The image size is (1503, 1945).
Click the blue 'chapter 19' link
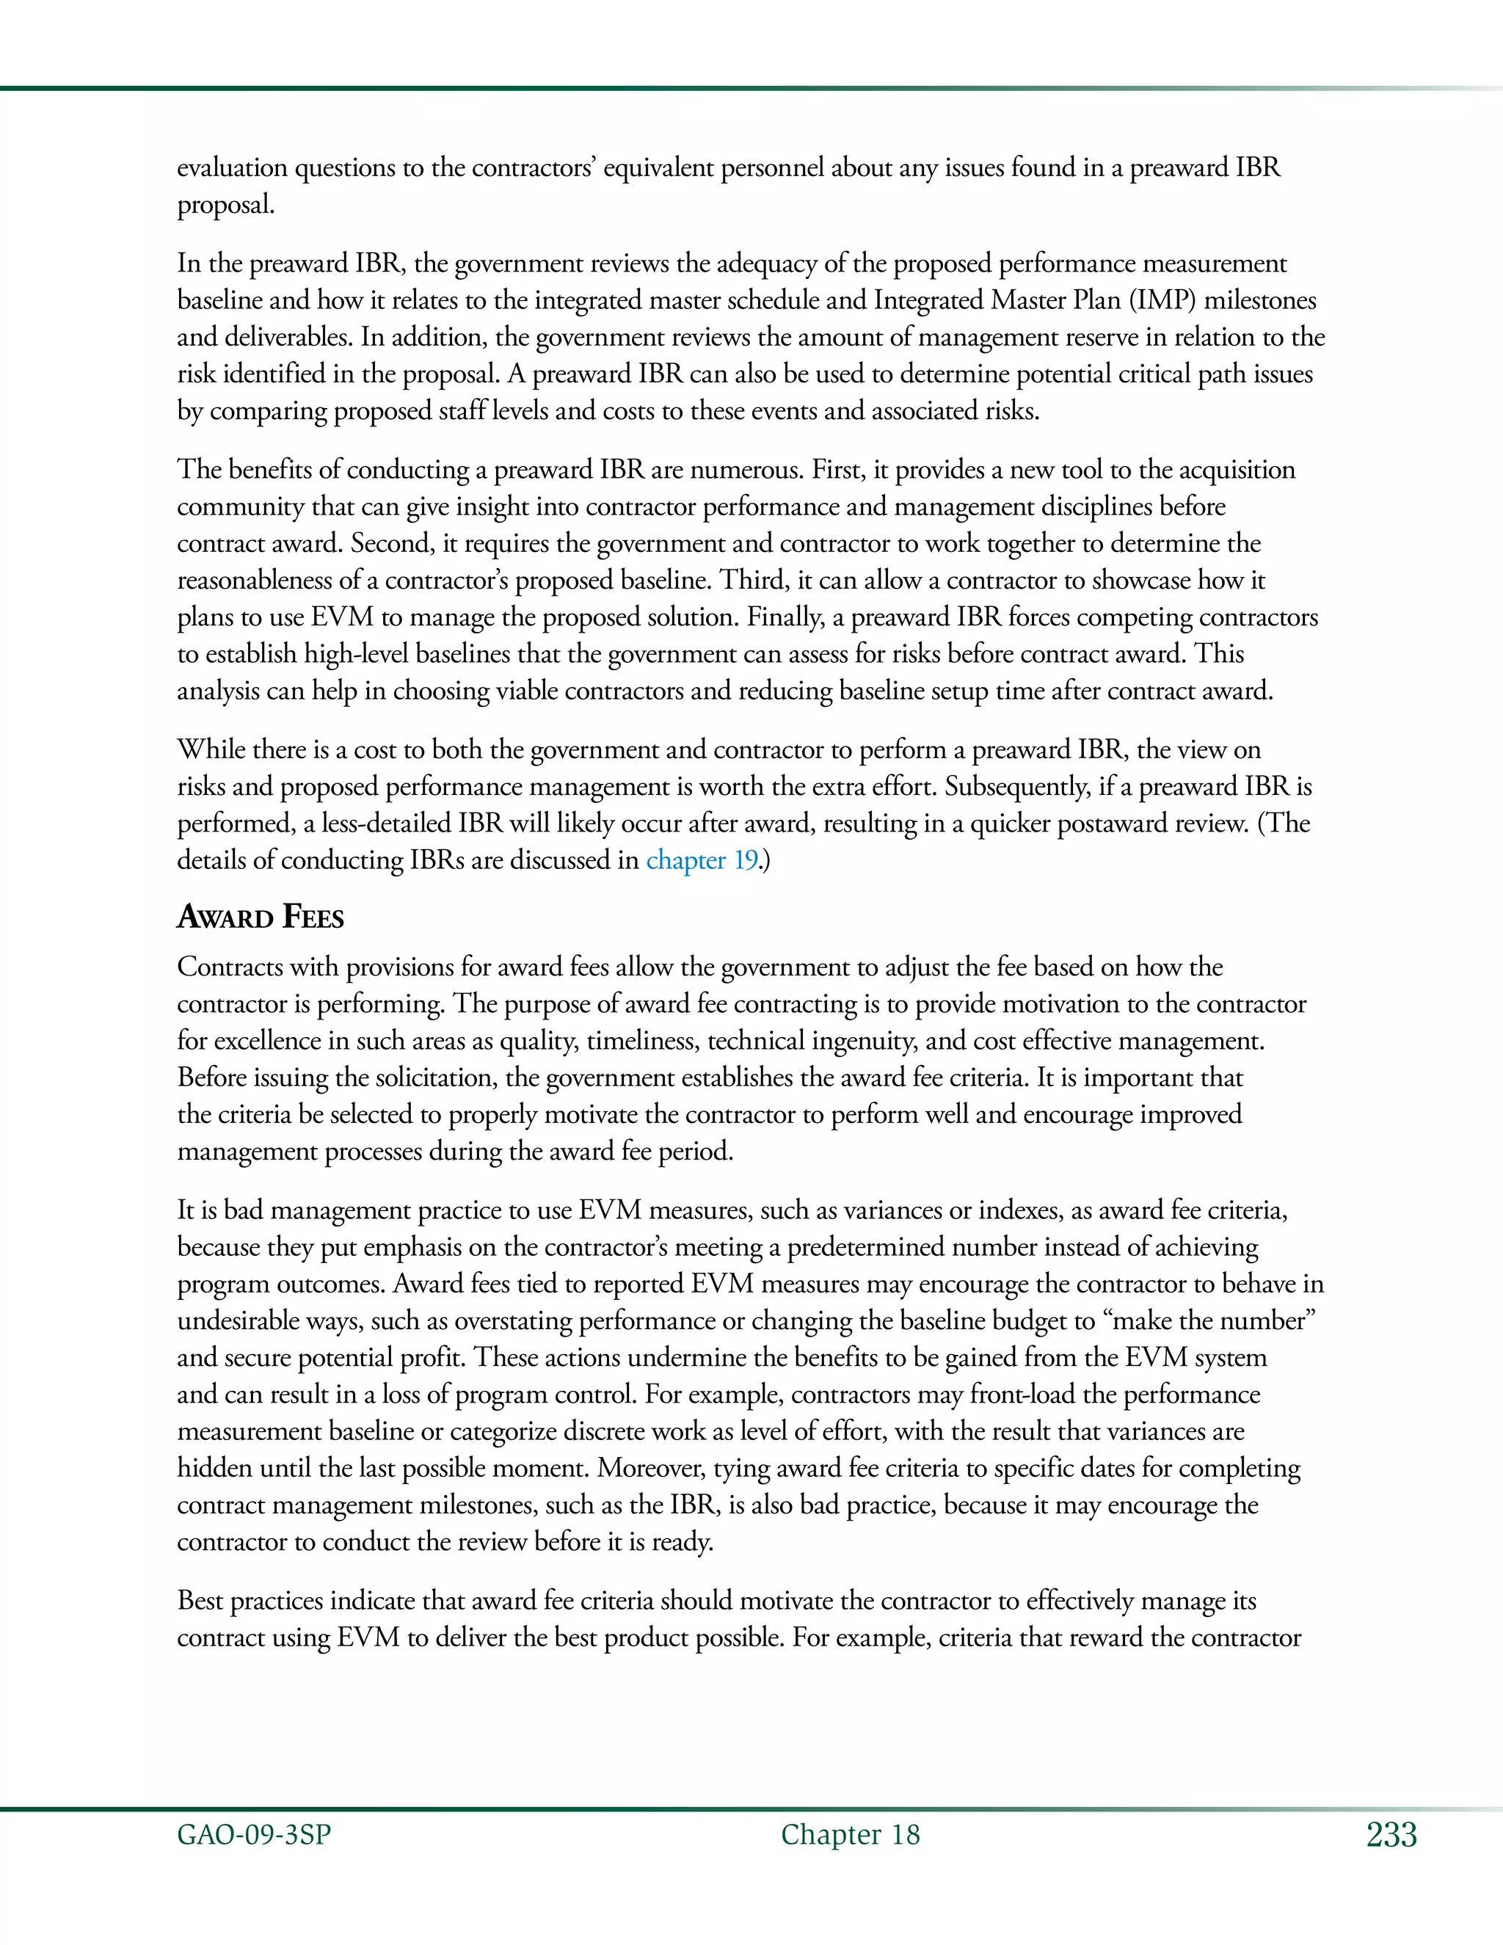click(702, 860)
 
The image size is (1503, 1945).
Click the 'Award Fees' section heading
click(260, 917)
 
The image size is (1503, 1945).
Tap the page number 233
click(1391, 1835)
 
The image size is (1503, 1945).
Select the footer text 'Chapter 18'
click(851, 1835)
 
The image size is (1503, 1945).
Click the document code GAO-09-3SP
click(254, 1835)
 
